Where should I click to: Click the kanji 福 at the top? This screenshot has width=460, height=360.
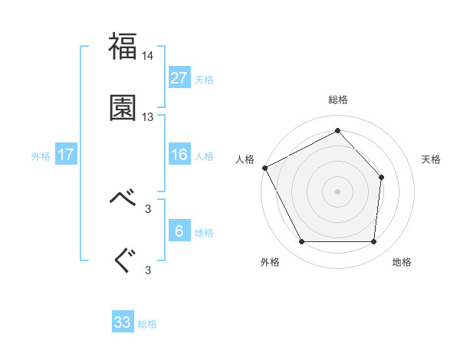(123, 47)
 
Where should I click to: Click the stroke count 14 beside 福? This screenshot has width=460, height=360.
(148, 56)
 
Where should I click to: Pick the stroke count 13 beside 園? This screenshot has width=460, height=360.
(148, 117)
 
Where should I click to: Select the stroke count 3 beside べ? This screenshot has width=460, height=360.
(148, 208)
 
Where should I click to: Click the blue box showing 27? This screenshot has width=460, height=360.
(179, 78)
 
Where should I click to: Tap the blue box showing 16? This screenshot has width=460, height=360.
(179, 155)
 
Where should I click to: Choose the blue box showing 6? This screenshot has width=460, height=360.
(179, 231)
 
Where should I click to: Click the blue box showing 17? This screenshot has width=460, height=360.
(66, 155)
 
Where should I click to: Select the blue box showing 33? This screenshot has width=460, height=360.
(123, 322)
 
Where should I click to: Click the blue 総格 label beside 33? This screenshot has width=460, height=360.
(148, 324)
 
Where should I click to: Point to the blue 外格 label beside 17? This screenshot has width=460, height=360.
(41, 156)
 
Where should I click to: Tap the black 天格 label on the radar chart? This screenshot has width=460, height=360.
(432, 159)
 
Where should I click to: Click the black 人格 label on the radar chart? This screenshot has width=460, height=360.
(245, 159)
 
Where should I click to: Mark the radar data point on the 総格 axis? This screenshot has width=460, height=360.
(337, 131)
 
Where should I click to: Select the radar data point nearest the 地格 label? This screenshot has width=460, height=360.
(373, 242)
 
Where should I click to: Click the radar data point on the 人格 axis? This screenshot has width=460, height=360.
(264, 168)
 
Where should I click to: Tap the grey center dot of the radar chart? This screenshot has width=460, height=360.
(337, 191)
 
